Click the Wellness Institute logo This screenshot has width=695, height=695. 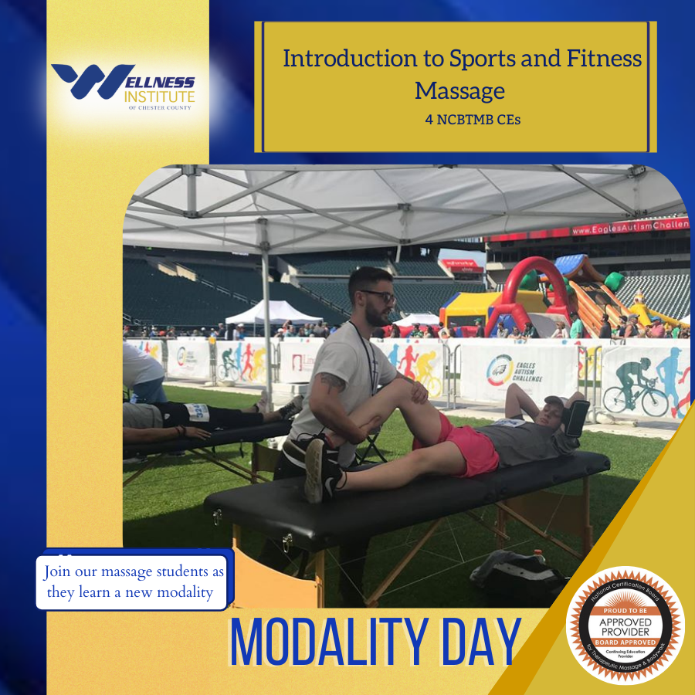tap(124, 86)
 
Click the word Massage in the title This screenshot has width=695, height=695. tap(459, 91)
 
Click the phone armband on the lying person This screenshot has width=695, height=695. tap(577, 417)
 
